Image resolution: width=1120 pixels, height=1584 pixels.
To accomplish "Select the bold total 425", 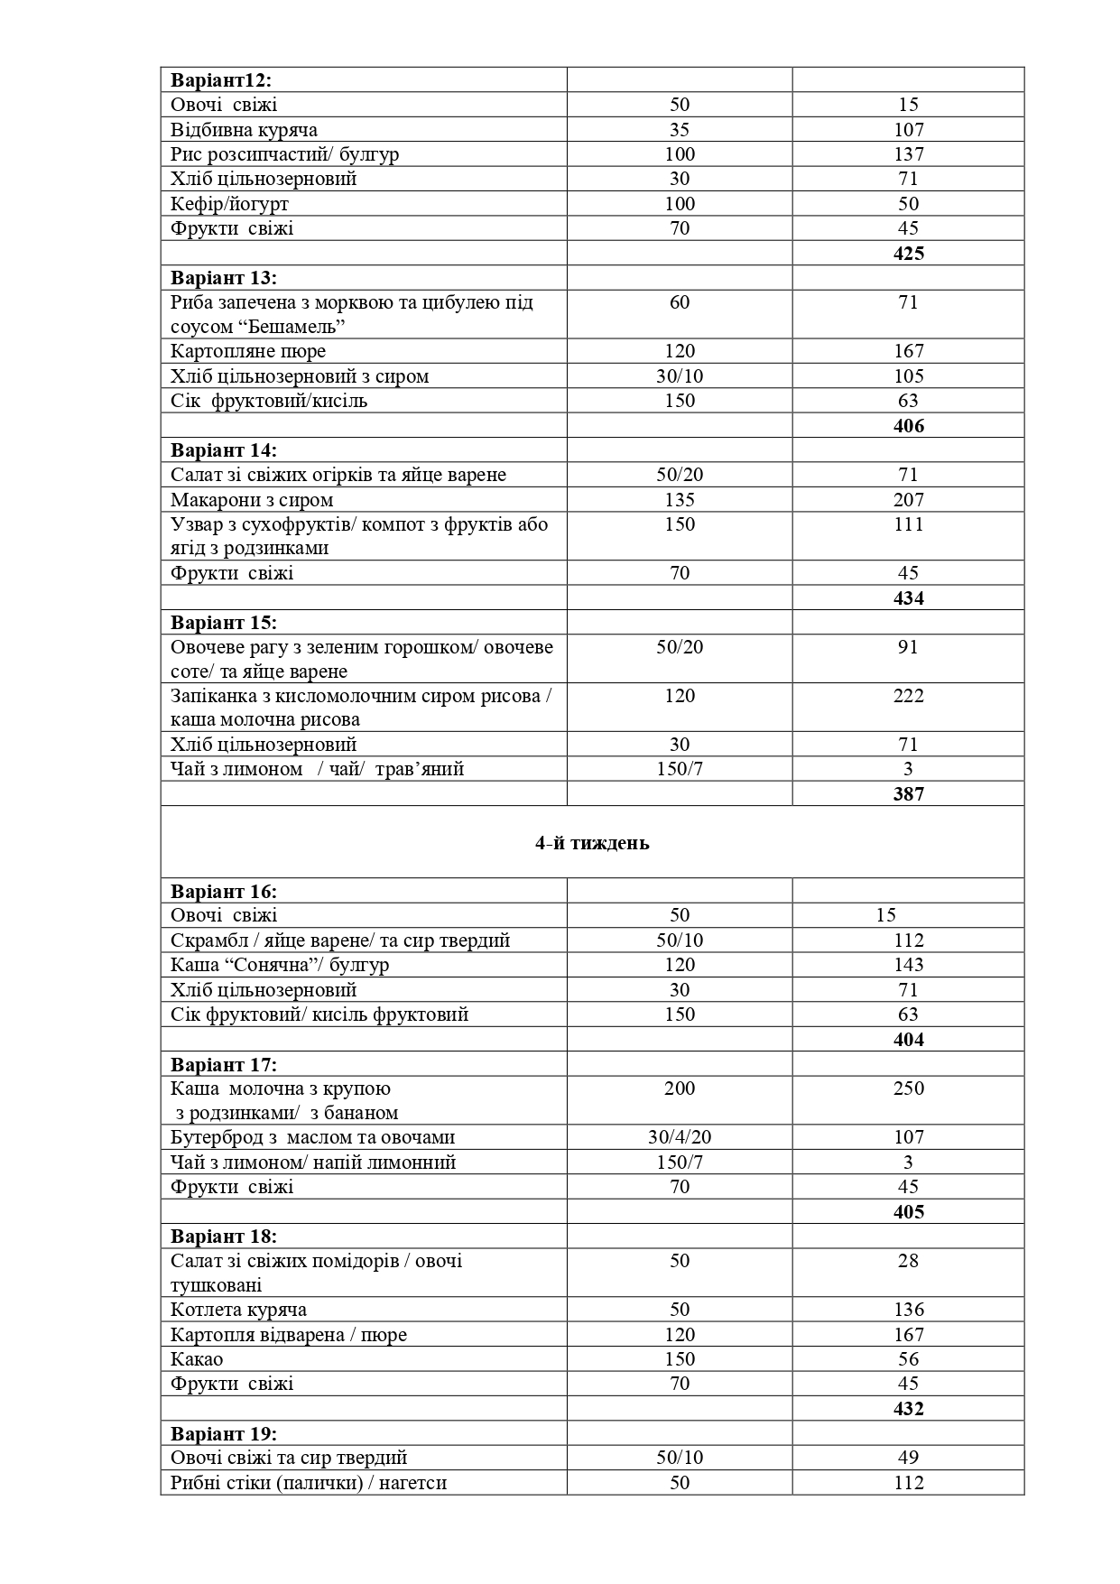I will click(908, 253).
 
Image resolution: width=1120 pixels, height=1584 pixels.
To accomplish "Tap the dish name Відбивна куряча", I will click(244, 129).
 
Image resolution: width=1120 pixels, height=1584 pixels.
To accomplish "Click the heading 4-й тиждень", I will click(592, 843).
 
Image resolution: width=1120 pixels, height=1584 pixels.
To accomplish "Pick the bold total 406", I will click(908, 425).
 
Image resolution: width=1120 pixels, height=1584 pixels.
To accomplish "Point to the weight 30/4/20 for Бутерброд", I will click(680, 1137).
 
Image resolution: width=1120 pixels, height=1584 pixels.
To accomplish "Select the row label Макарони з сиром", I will click(252, 499).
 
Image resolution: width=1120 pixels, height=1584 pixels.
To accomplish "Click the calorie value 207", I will click(908, 499).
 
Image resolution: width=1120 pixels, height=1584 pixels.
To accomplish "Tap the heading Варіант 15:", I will click(224, 622).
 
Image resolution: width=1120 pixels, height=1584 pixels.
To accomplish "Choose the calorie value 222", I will click(908, 695).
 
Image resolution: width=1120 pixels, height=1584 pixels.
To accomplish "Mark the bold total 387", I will click(908, 793).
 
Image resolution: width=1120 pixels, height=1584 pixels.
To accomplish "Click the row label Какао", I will click(197, 1358).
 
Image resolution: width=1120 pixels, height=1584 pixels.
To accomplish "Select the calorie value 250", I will click(908, 1088).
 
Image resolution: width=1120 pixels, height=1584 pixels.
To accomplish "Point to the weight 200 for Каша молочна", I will click(680, 1088).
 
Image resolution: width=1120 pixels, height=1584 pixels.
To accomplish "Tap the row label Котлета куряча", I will click(238, 1309).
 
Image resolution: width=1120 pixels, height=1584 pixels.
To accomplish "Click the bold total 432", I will click(908, 1408).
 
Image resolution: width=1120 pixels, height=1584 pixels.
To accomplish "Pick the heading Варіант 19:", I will click(224, 1433).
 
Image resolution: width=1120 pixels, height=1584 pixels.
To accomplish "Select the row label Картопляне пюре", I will click(248, 351).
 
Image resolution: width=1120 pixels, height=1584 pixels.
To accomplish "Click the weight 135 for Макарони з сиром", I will click(680, 499).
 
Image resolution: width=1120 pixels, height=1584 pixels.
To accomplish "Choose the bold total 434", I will click(908, 597).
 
